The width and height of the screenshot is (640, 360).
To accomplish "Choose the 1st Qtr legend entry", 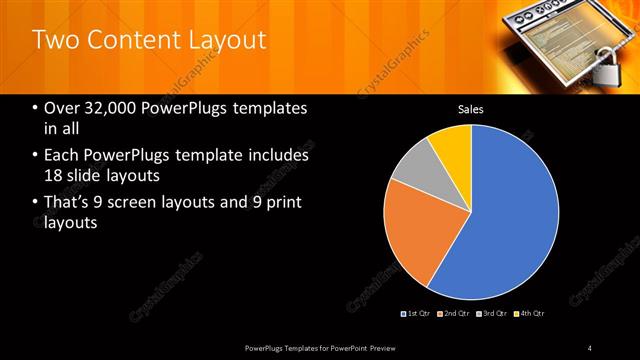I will click(416, 313).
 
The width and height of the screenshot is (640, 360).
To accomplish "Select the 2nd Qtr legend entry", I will click(453, 313).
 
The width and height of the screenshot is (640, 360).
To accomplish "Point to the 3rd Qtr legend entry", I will click(491, 313).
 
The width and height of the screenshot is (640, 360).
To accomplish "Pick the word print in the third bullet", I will click(280, 203).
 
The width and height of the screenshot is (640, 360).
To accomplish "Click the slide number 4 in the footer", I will click(590, 347).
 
